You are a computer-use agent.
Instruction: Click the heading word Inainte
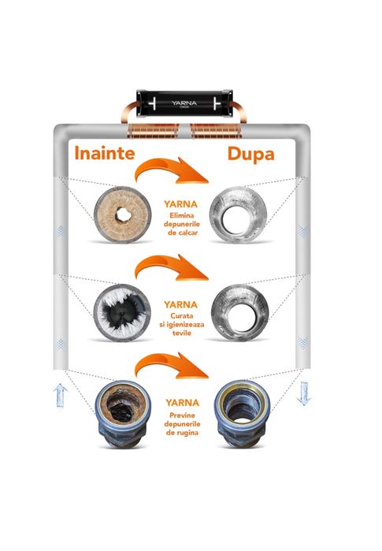click(x=105, y=153)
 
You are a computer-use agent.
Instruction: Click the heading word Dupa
click(x=250, y=155)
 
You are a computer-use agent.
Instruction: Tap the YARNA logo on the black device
click(x=184, y=103)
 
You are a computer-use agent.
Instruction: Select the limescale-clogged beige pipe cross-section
click(x=123, y=214)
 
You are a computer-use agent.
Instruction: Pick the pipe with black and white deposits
click(x=122, y=312)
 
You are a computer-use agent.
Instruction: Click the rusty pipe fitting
click(x=122, y=414)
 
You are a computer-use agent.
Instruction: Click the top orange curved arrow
click(x=169, y=167)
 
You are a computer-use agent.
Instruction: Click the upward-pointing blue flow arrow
click(x=61, y=395)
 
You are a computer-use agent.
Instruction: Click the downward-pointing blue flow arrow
click(x=303, y=393)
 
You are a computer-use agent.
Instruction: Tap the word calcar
click(x=187, y=233)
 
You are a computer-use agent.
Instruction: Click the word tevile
click(x=182, y=333)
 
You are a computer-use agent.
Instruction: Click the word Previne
click(x=182, y=415)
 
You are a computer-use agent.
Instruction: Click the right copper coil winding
click(x=216, y=131)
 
